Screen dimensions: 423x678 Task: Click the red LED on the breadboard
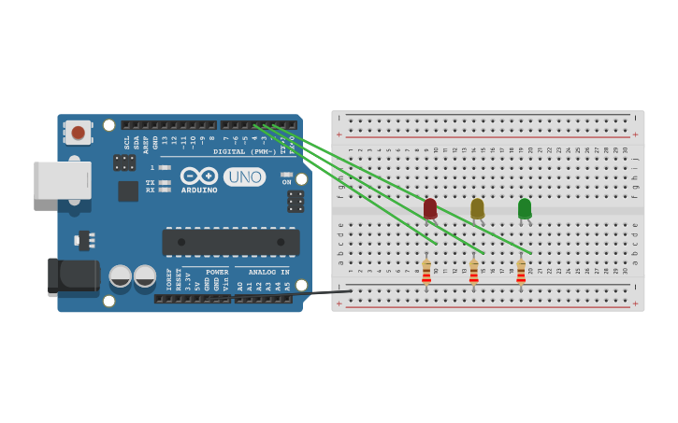pos(430,208)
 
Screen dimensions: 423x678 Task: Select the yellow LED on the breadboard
pos(477,208)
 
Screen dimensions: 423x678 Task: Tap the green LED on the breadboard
pos(525,208)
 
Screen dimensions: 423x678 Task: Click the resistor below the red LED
pos(426,272)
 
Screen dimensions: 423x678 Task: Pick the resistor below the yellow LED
pos(474,272)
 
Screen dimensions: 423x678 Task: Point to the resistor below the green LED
pos(521,272)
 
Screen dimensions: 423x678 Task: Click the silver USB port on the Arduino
pos(63,180)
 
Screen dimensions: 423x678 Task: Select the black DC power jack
pos(73,276)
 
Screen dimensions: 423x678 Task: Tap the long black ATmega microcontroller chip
pos(231,242)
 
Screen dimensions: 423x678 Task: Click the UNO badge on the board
pos(244,176)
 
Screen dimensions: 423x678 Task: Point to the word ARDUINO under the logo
pos(199,190)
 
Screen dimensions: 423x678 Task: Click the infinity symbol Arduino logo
pos(199,176)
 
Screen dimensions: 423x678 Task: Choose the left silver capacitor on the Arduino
pos(121,275)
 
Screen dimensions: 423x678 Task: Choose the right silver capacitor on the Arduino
pos(145,275)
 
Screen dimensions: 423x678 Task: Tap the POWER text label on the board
pos(217,272)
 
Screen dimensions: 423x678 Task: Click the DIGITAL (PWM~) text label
pos(244,151)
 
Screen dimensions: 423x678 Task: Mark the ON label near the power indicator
pos(287,182)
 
